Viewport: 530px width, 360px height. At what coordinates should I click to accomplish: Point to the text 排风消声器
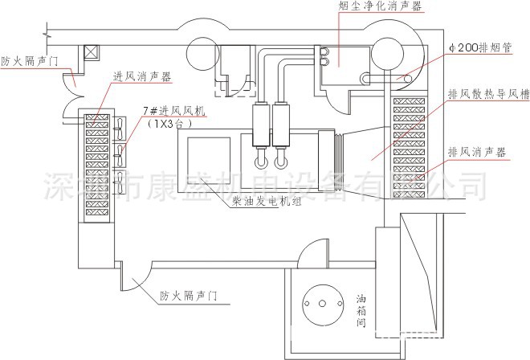(479, 152)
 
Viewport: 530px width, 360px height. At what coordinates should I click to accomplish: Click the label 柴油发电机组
(266, 202)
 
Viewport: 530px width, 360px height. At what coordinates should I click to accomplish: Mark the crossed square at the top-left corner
(92, 52)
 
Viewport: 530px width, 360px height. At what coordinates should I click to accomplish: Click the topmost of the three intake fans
(118, 127)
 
